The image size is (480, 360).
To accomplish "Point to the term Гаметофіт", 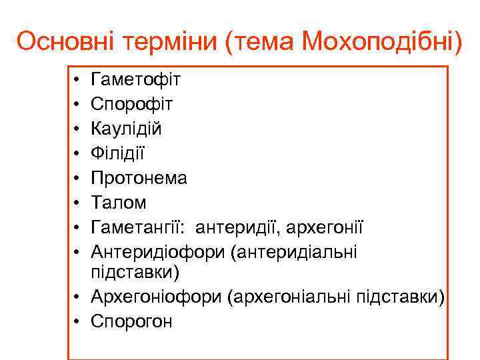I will pyautogui.click(x=135, y=80).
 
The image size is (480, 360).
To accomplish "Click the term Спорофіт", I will pyautogui.click(x=132, y=105).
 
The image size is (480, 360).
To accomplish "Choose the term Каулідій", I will pyautogui.click(x=126, y=129).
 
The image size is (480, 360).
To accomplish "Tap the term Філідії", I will pyautogui.click(x=117, y=153).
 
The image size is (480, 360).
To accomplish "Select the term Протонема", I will pyautogui.click(x=139, y=178).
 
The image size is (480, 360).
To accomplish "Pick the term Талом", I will pyautogui.click(x=118, y=203).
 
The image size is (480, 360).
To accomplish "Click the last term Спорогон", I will pyautogui.click(x=132, y=321).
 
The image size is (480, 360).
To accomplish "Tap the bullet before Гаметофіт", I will pyautogui.click(x=77, y=81).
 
